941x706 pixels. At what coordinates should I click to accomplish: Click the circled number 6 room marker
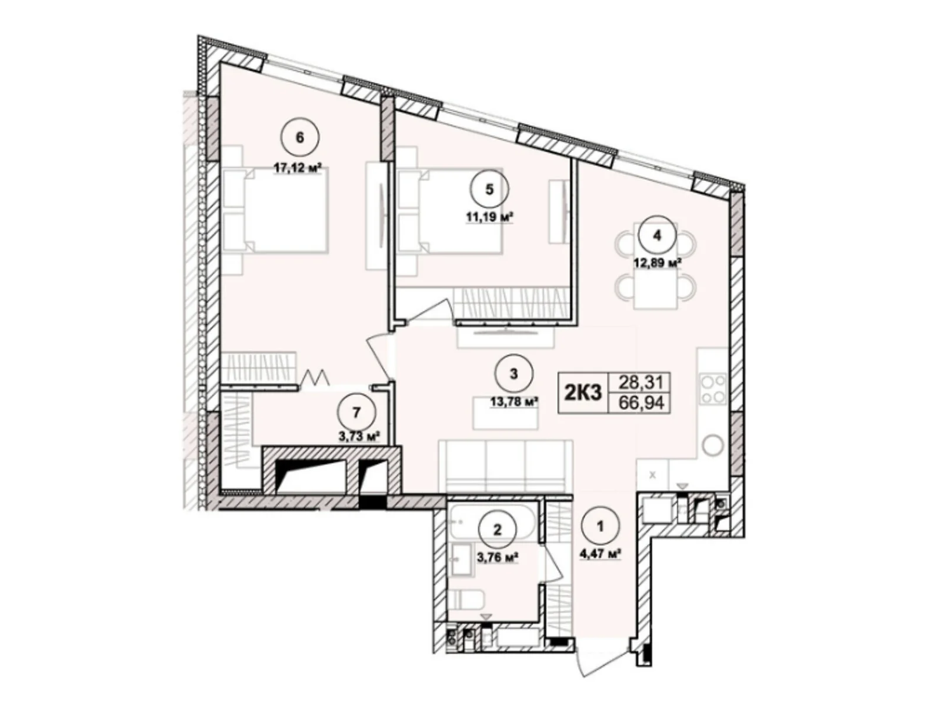click(x=299, y=138)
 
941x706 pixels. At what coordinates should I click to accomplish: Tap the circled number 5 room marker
click(x=489, y=189)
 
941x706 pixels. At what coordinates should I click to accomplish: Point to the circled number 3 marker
click(x=513, y=374)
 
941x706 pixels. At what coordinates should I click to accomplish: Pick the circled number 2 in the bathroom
click(x=497, y=530)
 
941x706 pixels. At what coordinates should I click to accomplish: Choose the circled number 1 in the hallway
click(x=600, y=527)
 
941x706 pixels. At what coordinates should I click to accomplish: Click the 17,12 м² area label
click(x=298, y=168)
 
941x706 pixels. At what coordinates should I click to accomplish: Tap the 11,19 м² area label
click(x=489, y=217)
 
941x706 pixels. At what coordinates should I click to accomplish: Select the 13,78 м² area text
click(x=515, y=402)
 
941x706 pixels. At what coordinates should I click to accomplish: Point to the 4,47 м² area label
click(x=600, y=554)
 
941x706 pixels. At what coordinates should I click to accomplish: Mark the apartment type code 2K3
click(x=583, y=392)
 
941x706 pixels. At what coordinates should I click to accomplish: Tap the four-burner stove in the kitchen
click(x=713, y=389)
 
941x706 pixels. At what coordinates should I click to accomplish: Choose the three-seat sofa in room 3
click(x=505, y=466)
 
